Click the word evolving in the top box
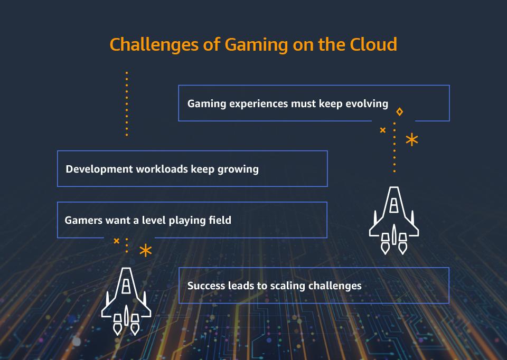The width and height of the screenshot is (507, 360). click(x=367, y=103)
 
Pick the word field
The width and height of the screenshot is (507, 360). click(x=219, y=220)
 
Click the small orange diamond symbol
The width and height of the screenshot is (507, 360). click(x=400, y=112)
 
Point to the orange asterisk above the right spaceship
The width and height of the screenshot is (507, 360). click(x=411, y=140)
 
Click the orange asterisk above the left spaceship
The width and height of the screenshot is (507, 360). click(x=145, y=251)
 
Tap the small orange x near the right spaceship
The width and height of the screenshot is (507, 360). click(x=383, y=130)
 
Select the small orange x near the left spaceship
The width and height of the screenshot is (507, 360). click(x=117, y=241)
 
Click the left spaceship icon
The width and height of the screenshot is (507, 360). click(x=126, y=301)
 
